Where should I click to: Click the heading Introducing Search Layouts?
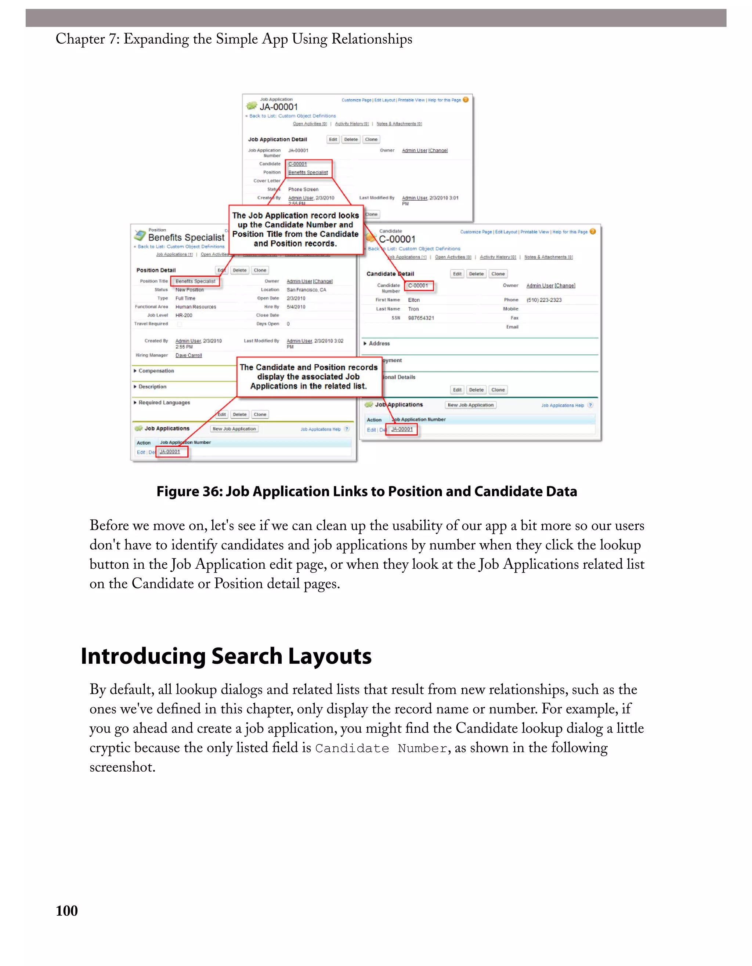click(x=226, y=656)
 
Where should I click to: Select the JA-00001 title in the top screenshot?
click(x=278, y=107)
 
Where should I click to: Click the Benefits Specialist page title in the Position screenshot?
click(x=186, y=237)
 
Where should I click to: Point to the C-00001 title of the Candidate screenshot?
click(x=397, y=239)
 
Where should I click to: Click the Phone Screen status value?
click(x=303, y=189)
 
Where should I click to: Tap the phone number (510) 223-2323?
click(x=544, y=300)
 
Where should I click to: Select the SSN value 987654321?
click(x=421, y=318)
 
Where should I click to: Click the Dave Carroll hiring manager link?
click(x=189, y=356)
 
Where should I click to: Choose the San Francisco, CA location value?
click(x=306, y=290)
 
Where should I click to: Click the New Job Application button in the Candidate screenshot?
click(x=470, y=405)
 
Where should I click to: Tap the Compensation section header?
click(x=156, y=371)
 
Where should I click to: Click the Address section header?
click(x=379, y=344)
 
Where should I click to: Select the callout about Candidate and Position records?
click(x=308, y=377)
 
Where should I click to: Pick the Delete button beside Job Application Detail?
click(x=351, y=139)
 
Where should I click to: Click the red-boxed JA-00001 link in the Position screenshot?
click(x=170, y=452)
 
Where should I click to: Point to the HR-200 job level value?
click(x=184, y=316)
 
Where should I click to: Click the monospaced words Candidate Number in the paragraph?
click(x=381, y=748)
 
